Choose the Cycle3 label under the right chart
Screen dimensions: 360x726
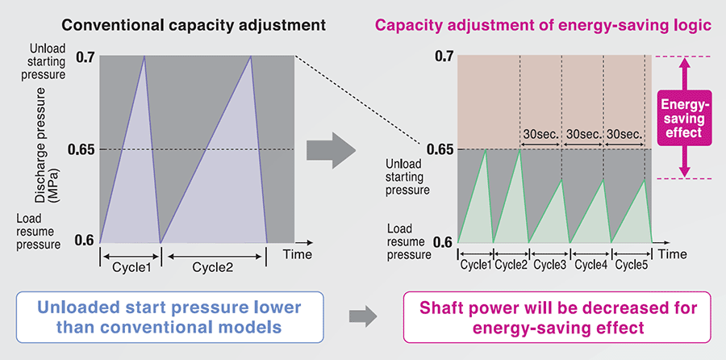click(x=550, y=264)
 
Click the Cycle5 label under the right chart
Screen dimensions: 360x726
click(x=632, y=264)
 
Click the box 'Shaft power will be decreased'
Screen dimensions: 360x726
click(x=557, y=316)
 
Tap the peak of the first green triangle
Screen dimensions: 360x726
click(x=484, y=149)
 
